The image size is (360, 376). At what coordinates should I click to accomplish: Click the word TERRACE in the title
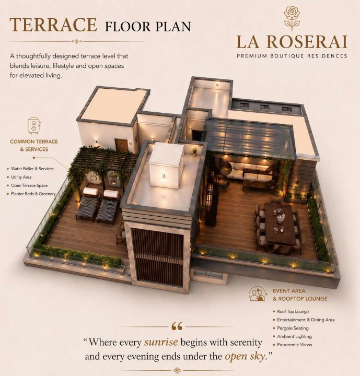53,25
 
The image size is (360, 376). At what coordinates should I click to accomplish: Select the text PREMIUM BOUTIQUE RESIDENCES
292,56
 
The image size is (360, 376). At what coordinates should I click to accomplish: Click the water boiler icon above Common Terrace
34,125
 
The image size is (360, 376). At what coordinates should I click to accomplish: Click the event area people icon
258,293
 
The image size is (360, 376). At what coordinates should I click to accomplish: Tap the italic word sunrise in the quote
161,342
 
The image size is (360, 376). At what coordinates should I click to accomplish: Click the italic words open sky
245,356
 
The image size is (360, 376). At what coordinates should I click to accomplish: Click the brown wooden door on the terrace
121,146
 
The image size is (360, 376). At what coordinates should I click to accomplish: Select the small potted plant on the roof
195,151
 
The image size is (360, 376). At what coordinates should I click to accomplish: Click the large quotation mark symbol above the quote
177,326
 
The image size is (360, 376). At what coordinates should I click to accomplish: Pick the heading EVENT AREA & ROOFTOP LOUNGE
300,295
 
